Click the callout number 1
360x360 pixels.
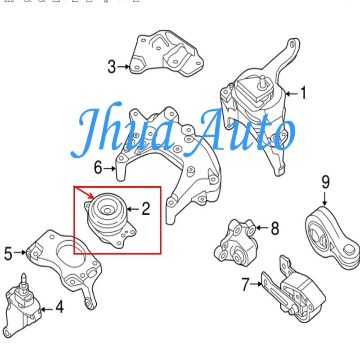(x=303, y=94)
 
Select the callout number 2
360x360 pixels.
(x=145, y=209)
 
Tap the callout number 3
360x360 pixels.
(x=111, y=67)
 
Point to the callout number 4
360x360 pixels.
(x=59, y=308)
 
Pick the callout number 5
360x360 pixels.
(x=8, y=253)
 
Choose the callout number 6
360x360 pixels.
(x=98, y=168)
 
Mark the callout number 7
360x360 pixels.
(x=245, y=284)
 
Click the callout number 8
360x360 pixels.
(x=274, y=229)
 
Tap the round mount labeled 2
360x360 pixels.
(x=108, y=219)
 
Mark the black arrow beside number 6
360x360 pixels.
(x=110, y=169)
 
